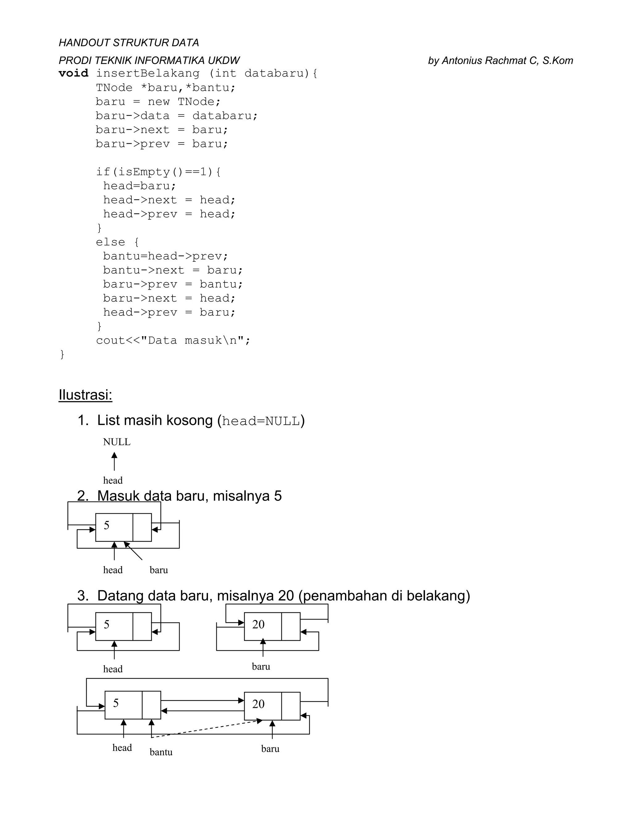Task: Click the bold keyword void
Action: [73, 73]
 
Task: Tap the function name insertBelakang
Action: [148, 73]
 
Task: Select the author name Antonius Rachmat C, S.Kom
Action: [507, 61]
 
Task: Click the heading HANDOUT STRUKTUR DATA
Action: [128, 43]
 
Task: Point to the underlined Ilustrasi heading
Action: [85, 395]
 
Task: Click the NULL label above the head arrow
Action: [117, 442]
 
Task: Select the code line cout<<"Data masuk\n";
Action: [173, 340]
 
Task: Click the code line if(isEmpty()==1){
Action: [158, 172]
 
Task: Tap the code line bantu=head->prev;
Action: [165, 256]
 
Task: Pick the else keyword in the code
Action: [110, 242]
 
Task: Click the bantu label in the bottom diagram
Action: [161, 752]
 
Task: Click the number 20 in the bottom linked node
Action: [258, 704]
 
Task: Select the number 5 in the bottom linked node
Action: [116, 703]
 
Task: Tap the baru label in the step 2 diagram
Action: [159, 570]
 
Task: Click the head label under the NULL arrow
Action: [113, 481]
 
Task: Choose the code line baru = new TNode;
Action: [158, 102]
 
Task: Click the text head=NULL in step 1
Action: [261, 421]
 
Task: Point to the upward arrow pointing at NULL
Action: [114, 461]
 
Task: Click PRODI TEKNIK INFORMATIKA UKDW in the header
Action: [149, 61]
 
